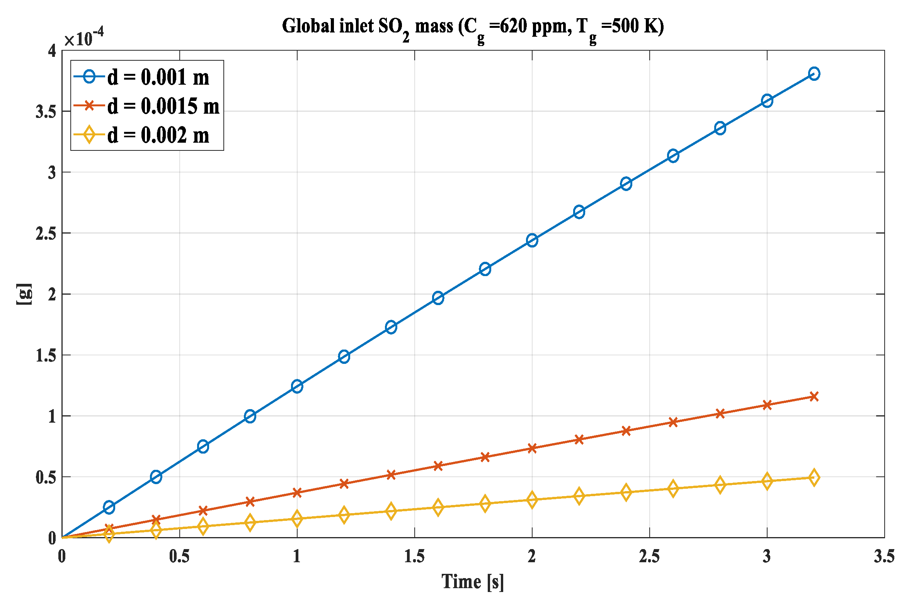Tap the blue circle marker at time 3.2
814,73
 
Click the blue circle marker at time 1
297,386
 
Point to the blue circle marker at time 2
532,240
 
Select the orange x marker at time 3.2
814,396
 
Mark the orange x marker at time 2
532,448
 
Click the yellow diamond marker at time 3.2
814,478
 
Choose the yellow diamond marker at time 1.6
438,507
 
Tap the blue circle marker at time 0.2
109,507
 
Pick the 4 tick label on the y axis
52,51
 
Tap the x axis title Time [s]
473,582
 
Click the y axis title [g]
24,294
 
